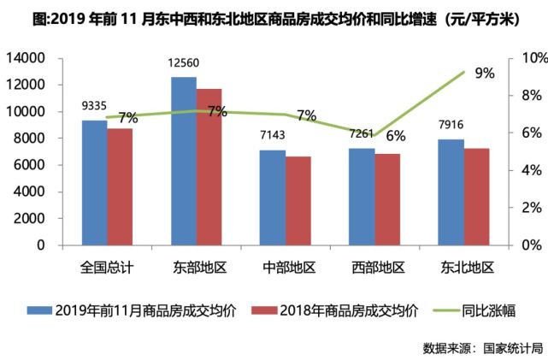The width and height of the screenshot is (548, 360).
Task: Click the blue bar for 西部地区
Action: coord(362,196)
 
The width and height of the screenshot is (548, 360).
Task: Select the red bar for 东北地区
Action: coord(477,196)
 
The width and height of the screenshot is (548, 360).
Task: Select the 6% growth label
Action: coord(395,136)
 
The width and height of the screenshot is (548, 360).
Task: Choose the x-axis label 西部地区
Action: coord(376,268)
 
